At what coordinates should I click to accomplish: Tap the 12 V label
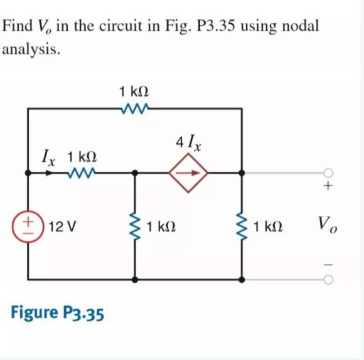coord(63,226)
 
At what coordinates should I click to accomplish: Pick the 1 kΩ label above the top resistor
coord(134,92)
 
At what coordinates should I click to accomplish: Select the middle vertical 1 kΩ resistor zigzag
coord(134,226)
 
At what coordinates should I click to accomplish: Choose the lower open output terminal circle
coord(328,277)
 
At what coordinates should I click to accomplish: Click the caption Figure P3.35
coord(57,312)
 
